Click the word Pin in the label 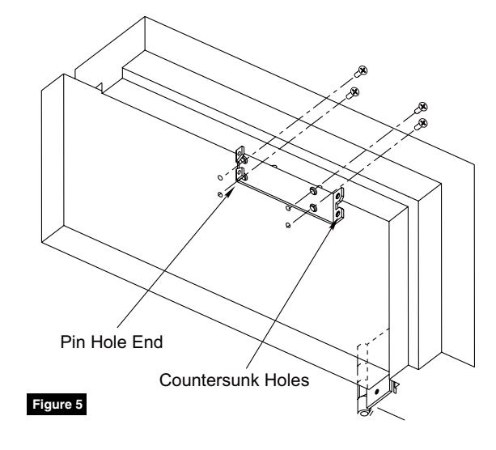click(70, 342)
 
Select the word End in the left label click(147, 342)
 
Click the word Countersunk click(210, 380)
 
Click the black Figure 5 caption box click(57, 404)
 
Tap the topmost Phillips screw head click(362, 70)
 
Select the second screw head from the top click(354, 92)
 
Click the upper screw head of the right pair click(423, 106)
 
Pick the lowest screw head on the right click(422, 123)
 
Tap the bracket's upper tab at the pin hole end click(240, 154)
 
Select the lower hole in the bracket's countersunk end click(338, 214)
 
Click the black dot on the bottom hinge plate click(377, 392)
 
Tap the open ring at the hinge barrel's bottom click(364, 412)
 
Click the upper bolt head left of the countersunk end click(313, 190)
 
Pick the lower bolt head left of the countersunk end click(313, 207)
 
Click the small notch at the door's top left click(100, 87)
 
